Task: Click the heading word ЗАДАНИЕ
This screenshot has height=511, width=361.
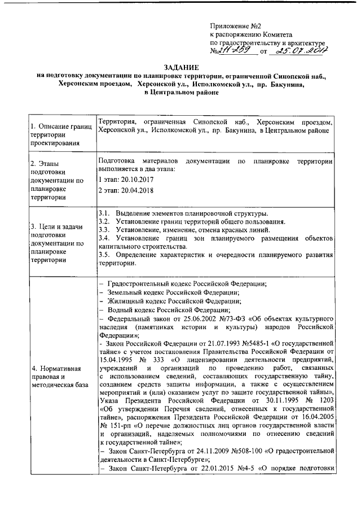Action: tap(180, 66)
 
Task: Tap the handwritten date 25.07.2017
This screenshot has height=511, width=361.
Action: tap(299, 51)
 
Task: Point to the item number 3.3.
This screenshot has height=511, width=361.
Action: tap(104, 230)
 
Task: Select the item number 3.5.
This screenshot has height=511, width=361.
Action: tap(104, 255)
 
